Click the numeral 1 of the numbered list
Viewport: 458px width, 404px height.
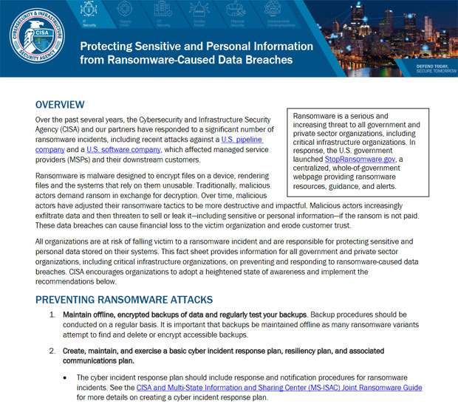52,315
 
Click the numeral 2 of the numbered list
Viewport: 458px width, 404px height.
52,350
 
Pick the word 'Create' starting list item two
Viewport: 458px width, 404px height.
76,350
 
